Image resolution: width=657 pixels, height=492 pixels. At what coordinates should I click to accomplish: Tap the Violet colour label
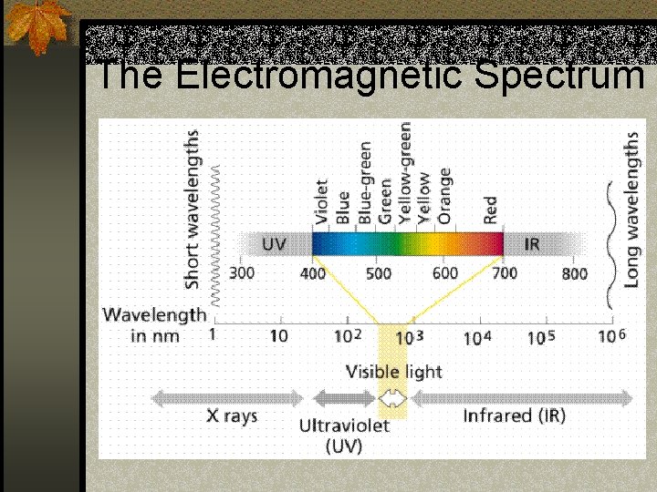click(322, 201)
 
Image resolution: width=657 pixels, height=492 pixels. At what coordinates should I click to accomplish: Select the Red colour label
click(491, 210)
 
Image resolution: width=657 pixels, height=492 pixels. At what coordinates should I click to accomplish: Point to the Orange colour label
click(445, 195)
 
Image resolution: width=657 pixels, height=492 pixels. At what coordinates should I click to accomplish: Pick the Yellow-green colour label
click(405, 173)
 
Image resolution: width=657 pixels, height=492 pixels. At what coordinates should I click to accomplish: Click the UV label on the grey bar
click(274, 244)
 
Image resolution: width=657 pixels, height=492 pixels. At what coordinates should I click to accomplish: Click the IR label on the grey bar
click(532, 244)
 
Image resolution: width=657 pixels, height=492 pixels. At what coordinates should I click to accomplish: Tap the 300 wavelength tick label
click(242, 272)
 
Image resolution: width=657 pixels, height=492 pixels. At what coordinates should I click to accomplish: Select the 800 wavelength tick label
click(575, 272)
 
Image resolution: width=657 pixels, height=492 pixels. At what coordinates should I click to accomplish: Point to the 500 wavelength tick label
click(379, 272)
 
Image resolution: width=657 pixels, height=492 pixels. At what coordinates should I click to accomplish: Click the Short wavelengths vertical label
click(193, 210)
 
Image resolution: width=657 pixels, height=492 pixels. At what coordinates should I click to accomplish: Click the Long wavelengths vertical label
click(631, 210)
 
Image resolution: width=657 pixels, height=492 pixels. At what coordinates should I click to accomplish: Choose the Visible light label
click(393, 372)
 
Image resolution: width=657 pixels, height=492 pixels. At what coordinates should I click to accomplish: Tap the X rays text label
click(232, 415)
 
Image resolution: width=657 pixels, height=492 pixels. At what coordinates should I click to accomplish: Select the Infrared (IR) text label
click(514, 415)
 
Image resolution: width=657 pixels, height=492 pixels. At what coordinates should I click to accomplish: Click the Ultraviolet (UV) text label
click(344, 436)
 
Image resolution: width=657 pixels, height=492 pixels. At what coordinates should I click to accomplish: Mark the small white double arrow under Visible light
click(393, 398)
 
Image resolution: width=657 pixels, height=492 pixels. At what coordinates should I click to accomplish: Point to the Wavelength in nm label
click(155, 325)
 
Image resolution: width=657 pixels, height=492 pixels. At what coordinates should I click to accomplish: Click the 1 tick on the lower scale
click(212, 335)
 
